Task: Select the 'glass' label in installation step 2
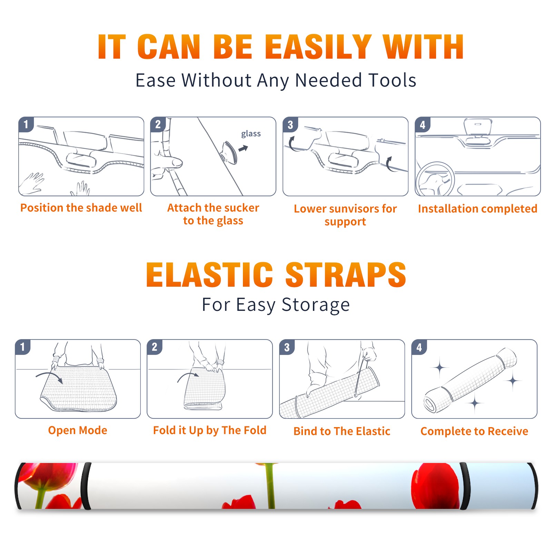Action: tap(251, 134)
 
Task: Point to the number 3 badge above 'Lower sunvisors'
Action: tap(290, 125)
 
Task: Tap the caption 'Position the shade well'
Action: tap(81, 208)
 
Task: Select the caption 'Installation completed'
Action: tap(477, 208)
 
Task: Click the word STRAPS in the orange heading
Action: tap(346, 275)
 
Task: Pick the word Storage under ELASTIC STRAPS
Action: tap(316, 305)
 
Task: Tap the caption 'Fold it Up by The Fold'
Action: tap(210, 430)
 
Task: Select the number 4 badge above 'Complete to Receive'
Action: tap(419, 347)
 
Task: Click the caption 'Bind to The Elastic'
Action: tap(342, 431)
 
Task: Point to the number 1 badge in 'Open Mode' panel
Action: tap(23, 347)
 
